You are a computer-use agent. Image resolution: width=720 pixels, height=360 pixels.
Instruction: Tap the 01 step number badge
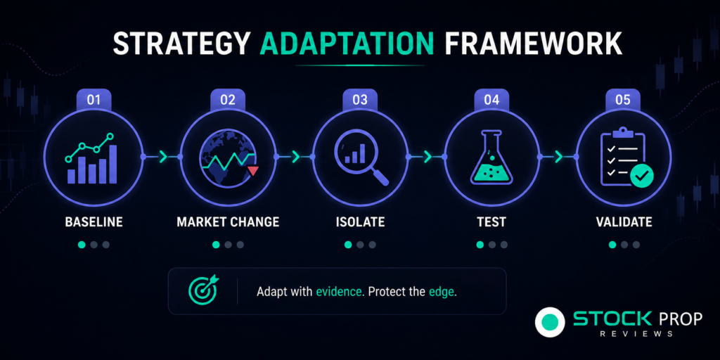pos(94,100)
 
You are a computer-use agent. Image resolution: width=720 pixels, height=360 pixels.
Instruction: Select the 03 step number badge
pos(360,100)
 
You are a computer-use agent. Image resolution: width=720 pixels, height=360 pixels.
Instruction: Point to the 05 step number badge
pos(623,100)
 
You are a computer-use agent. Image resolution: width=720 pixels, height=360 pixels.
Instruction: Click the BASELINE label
pos(94,222)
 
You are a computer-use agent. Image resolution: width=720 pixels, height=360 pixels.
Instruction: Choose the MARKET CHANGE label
pos(228,222)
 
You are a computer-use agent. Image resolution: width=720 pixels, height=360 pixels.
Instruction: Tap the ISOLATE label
pos(360,222)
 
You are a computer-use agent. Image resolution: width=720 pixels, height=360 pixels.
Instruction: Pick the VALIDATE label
pos(624,222)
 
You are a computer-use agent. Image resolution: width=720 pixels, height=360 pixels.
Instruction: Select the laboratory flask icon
pos(491,157)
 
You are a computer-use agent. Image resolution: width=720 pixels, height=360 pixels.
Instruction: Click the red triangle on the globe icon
pos(253,172)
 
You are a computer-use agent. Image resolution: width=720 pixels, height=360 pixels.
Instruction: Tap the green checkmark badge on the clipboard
pos(641,176)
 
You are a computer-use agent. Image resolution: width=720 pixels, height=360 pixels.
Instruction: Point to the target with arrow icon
pos(204,290)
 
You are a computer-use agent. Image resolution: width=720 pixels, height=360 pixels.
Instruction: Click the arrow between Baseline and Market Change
pos(163,157)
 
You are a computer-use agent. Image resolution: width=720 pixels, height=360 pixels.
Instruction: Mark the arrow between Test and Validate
pos(559,157)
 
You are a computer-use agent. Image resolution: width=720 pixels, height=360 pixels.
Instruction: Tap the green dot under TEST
pos(480,245)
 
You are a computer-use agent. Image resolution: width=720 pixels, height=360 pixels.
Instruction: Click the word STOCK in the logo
pos(612,319)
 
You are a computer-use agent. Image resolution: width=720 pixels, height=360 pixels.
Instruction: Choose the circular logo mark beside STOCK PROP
pos(550,322)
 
